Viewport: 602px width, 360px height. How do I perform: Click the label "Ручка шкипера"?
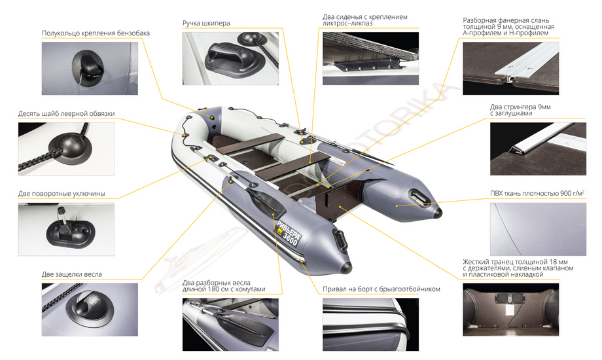(206, 23)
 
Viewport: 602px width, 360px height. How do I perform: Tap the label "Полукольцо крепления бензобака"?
(96, 33)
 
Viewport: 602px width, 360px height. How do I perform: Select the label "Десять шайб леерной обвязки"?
(67, 114)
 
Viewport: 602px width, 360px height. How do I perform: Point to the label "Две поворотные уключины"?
(62, 194)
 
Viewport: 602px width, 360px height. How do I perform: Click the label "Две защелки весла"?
(72, 274)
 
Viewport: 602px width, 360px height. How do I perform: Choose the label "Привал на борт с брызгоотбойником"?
(381, 289)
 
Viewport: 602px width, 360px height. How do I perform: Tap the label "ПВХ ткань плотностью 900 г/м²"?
(537, 193)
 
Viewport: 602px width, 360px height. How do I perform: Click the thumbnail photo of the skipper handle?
(230, 58)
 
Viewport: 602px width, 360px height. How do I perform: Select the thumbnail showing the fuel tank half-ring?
(90, 68)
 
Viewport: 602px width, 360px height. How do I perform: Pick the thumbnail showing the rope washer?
(66, 149)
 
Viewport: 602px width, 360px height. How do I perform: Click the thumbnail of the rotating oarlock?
(66, 229)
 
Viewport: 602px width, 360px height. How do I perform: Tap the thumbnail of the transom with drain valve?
(510, 310)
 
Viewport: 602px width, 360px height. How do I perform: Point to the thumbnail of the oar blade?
(230, 325)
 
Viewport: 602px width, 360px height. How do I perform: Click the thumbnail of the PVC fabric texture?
(538, 229)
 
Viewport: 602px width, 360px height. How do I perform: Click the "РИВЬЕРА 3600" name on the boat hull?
(288, 233)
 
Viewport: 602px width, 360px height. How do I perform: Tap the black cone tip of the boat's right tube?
(437, 213)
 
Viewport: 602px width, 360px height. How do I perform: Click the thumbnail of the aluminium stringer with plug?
(538, 149)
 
